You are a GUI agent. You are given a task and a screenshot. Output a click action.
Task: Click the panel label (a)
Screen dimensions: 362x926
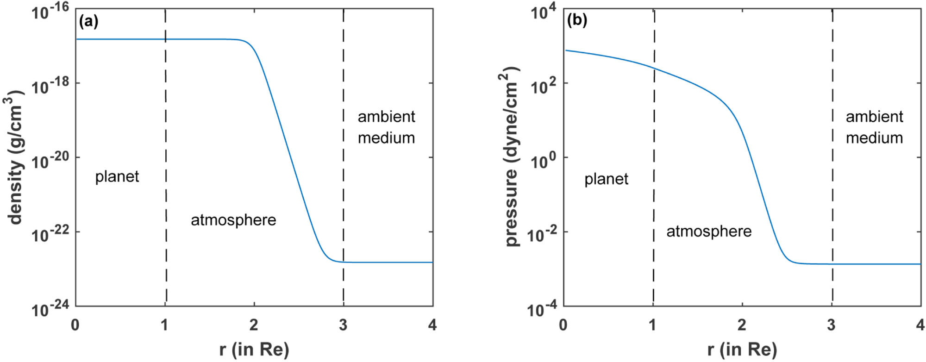pos(88,21)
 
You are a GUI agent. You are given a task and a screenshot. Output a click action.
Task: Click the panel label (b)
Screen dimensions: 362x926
pos(577,20)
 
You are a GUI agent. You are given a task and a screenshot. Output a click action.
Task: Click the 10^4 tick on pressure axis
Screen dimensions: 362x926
pos(543,12)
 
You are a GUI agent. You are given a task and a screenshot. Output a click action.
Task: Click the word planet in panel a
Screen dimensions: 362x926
pos(117,177)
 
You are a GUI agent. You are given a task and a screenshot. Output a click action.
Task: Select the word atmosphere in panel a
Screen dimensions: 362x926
pos(233,220)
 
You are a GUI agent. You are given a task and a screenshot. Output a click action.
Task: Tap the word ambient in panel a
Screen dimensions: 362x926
pos(386,117)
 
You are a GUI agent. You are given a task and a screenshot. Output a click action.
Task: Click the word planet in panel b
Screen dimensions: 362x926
pos(606,179)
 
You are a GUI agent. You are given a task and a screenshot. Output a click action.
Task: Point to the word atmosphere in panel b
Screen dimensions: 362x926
pos(709,231)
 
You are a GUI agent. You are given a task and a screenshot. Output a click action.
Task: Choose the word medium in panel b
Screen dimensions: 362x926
pos(874,138)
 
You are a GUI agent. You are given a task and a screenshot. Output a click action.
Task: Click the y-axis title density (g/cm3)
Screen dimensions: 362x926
pos(16,157)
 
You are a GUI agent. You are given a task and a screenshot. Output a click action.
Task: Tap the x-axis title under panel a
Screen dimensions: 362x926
pos(254,350)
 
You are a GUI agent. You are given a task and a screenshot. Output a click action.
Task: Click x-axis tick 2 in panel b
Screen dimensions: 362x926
pos(742,325)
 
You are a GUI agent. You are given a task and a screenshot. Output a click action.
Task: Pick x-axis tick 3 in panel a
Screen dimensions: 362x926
pos(343,325)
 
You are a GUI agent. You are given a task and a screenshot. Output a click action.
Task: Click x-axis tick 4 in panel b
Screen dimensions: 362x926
pos(920,325)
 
